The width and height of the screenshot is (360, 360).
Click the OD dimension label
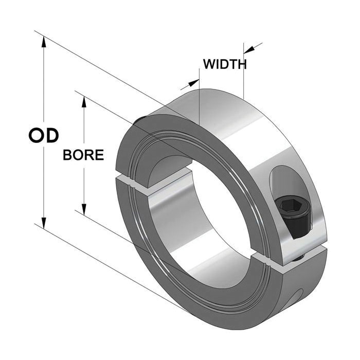44,136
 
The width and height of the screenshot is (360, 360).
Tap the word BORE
83,155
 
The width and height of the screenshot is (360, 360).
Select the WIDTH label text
225,64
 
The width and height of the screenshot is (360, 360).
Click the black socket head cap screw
293,217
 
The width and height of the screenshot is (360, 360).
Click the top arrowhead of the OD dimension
44,41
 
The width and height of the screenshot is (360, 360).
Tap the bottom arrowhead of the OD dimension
44,223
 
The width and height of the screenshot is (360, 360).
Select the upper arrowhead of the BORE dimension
84,102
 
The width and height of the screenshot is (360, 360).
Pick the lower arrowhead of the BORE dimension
84,209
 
